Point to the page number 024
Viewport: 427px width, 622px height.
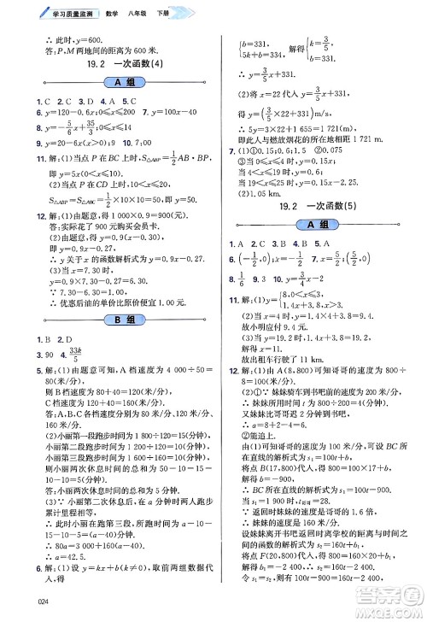point(18,609)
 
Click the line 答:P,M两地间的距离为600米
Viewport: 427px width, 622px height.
point(85,50)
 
